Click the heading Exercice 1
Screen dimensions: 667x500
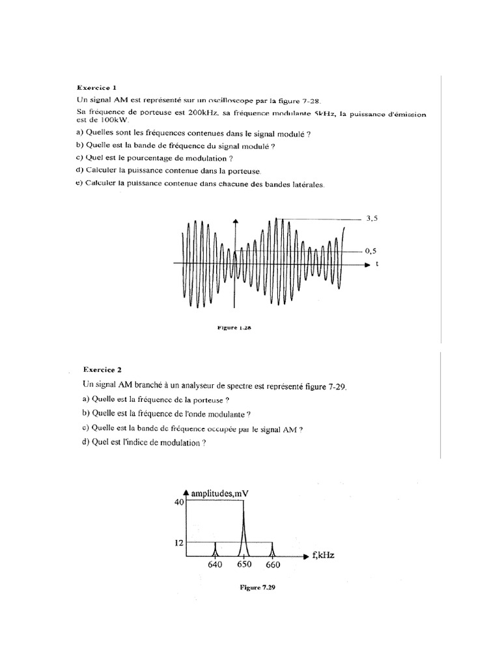[98, 87]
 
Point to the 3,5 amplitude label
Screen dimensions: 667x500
[372, 220]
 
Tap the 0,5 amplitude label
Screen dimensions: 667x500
[371, 251]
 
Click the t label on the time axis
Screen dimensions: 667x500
[377, 264]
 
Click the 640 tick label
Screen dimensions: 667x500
[215, 565]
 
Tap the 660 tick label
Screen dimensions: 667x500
[272, 565]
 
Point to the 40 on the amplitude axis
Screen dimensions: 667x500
[179, 502]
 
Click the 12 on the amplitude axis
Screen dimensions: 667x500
[179, 542]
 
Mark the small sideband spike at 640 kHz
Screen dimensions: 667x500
[215, 549]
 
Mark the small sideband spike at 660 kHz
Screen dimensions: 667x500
[272, 549]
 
